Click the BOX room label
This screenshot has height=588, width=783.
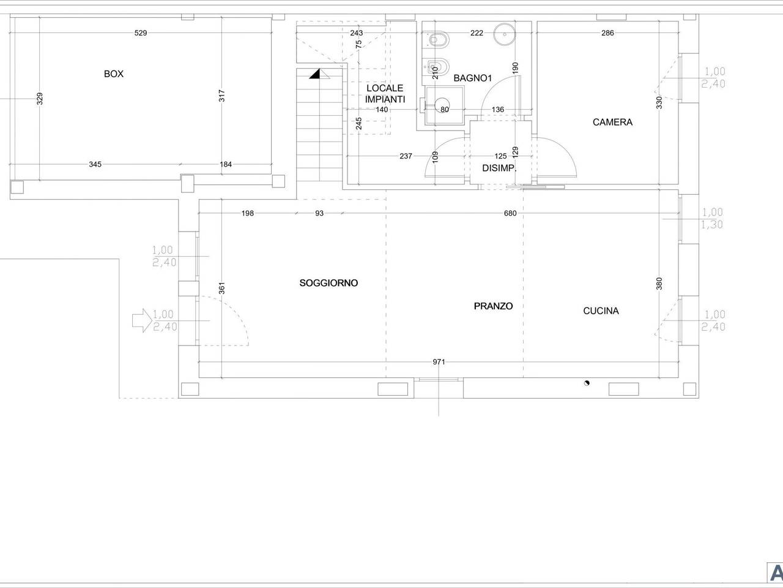pos(114,74)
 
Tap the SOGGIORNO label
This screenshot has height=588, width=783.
pos(328,283)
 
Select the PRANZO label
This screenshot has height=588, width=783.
pos(493,306)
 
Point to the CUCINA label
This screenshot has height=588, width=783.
pos(601,311)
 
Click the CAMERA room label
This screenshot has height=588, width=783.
pos(612,122)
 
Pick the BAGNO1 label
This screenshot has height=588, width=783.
pos(473,78)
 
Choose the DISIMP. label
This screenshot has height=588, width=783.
pos(499,168)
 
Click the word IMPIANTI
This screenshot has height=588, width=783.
pos(385,99)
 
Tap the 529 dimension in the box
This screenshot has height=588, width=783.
pos(141,33)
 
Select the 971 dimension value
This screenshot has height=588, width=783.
pos(439,362)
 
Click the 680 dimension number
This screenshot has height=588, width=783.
pos(510,213)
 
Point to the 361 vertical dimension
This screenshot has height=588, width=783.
pos(221,288)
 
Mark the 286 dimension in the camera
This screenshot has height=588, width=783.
pos(607,33)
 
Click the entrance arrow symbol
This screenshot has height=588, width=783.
pos(142,320)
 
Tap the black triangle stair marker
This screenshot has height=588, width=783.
pos(314,74)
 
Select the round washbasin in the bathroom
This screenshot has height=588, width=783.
pos(505,34)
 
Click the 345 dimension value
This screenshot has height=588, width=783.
pos(95,164)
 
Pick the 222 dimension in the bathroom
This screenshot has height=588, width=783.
pos(477,33)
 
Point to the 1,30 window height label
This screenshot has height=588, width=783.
pos(712,225)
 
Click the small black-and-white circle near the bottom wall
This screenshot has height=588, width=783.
pos(587,383)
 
